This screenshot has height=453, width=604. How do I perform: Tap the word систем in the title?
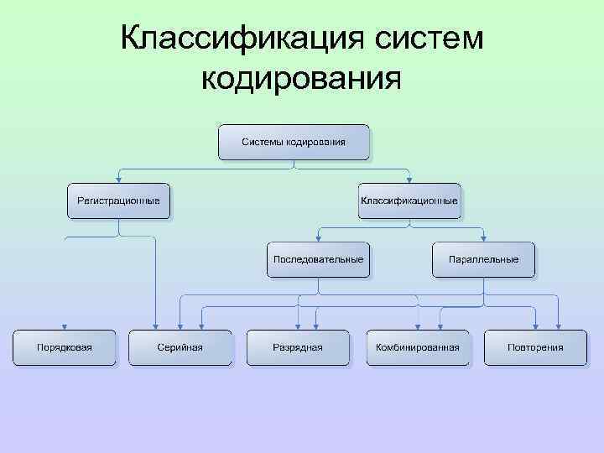click(x=424, y=39)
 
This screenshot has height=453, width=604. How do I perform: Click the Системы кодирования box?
click(x=294, y=142)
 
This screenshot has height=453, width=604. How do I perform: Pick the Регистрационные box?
click(x=118, y=201)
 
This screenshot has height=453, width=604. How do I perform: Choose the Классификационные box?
click(x=409, y=201)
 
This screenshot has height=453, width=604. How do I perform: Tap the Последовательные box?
click(x=319, y=259)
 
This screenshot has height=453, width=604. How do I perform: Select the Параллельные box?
click(x=483, y=259)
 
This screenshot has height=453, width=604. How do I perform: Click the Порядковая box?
click(x=64, y=346)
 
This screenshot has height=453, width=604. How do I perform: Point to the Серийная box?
click(x=180, y=346)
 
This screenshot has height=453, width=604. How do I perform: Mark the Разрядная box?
click(x=298, y=346)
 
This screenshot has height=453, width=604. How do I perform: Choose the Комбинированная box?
click(x=417, y=346)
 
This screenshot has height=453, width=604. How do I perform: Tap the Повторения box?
click(x=535, y=346)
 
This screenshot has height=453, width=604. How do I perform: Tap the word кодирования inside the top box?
click(x=316, y=142)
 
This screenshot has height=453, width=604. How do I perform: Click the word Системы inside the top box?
click(x=263, y=142)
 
